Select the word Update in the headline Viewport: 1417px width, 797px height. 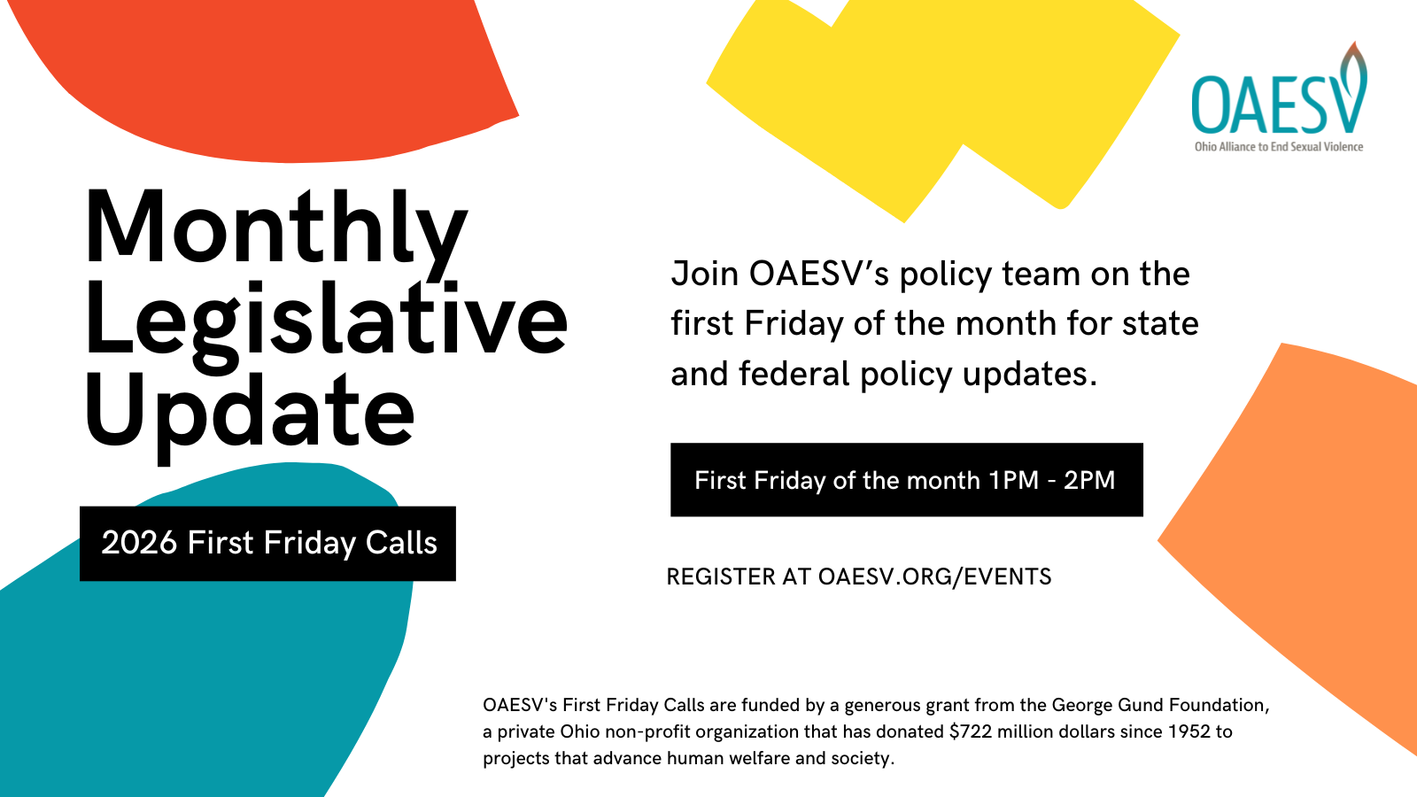[250, 415]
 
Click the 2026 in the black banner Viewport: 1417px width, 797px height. [138, 543]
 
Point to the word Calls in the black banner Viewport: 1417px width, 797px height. [401, 543]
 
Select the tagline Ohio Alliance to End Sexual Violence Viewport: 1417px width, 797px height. [1279, 147]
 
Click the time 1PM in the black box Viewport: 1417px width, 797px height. [1013, 481]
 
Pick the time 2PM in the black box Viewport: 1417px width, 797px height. [1088, 481]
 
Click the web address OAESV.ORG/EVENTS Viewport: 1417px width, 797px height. [934, 576]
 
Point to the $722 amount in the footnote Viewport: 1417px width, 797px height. [971, 731]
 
